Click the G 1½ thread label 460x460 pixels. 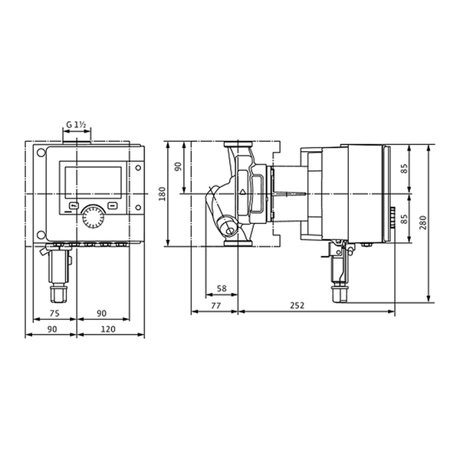[x=76, y=125]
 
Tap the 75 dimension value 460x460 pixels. [x=54, y=314]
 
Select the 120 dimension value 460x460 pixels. [x=108, y=330]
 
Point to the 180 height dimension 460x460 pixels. [x=162, y=194]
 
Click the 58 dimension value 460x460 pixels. [x=222, y=288]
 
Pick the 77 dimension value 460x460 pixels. [x=216, y=306]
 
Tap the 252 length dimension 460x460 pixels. [x=297, y=306]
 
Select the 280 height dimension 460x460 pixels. [x=423, y=222]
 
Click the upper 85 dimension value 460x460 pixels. [x=404, y=169]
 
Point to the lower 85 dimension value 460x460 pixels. [x=404, y=219]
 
